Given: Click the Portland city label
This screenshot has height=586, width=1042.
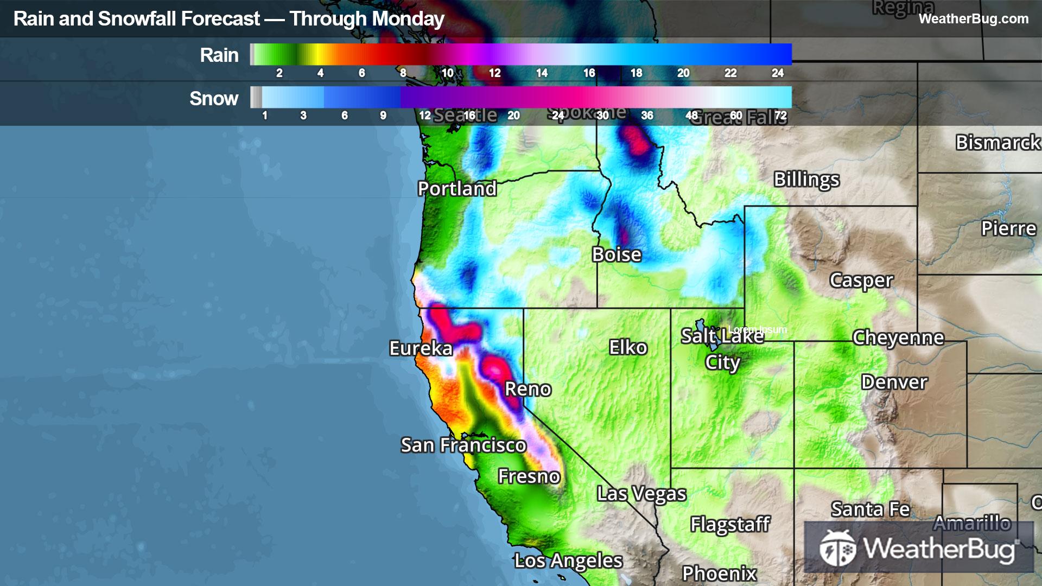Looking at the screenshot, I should pyautogui.click(x=457, y=188).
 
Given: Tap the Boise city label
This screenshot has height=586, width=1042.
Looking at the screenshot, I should pyautogui.click(x=617, y=254).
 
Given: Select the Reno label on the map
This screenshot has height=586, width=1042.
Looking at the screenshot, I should pyautogui.click(x=528, y=389).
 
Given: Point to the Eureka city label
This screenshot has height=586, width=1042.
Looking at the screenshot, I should pyautogui.click(x=421, y=348).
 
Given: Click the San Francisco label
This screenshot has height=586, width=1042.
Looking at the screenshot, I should pyautogui.click(x=463, y=445).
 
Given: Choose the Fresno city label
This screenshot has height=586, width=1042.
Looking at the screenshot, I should pyautogui.click(x=529, y=476).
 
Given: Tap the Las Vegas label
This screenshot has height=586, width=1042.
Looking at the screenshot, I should pyautogui.click(x=641, y=494).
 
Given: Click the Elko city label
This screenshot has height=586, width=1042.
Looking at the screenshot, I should pyautogui.click(x=628, y=347).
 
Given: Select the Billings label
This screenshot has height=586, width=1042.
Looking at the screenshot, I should pyautogui.click(x=806, y=179).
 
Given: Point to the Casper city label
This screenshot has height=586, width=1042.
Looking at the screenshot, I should pyautogui.click(x=861, y=281).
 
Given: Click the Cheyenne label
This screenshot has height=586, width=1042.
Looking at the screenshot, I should pyautogui.click(x=898, y=337).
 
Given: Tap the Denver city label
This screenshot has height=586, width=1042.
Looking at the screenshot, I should pyautogui.click(x=894, y=382).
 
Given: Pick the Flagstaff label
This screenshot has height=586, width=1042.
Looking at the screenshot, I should pyautogui.click(x=730, y=524).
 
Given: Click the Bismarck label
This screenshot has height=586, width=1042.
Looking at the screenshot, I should pyautogui.click(x=997, y=142).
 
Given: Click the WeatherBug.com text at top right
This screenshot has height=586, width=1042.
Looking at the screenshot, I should pyautogui.click(x=973, y=18).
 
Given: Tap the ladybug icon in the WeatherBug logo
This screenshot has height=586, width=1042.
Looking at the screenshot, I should pyautogui.click(x=837, y=548).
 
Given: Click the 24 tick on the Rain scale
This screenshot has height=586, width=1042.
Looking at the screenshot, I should pyautogui.click(x=777, y=73).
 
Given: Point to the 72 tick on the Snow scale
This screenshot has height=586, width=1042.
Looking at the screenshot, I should pyautogui.click(x=780, y=115).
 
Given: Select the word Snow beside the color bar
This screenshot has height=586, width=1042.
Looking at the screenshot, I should pyautogui.click(x=214, y=99).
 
